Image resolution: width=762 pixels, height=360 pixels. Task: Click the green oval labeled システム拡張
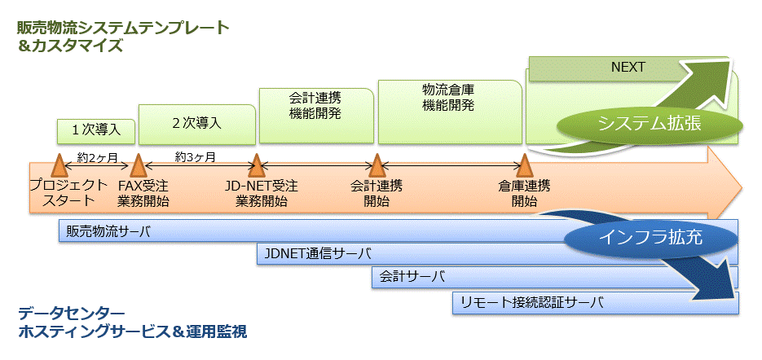(650, 124)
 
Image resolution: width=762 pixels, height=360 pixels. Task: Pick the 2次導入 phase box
(196, 124)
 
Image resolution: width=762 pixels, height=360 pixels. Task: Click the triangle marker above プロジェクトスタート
(59, 166)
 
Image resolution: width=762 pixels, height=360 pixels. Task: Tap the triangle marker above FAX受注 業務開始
(138, 166)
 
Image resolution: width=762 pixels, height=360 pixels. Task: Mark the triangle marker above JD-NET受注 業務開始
(257, 166)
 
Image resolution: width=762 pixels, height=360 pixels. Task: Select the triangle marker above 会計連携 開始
(376, 166)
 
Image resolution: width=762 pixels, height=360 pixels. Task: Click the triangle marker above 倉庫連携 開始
(524, 166)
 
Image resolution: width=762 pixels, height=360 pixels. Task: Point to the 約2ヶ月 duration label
(98, 156)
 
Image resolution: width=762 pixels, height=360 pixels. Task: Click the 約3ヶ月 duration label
(196, 156)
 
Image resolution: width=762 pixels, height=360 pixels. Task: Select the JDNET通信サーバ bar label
(317, 253)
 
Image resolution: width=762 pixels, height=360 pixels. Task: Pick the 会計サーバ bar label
(412, 277)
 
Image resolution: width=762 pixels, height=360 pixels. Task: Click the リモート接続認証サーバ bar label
(531, 302)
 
